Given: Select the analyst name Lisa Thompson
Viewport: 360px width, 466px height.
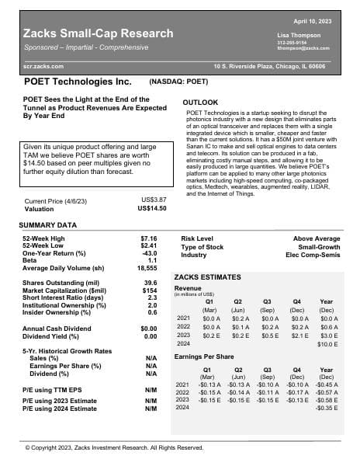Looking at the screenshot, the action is tap(299, 36).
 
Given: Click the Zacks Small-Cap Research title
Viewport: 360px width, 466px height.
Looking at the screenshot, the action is tap(99, 33).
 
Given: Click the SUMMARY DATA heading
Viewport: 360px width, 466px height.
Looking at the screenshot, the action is tap(47, 225).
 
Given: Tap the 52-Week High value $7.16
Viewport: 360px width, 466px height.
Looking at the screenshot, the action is tap(148, 238).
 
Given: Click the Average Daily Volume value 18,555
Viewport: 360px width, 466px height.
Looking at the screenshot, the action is tap(146, 268).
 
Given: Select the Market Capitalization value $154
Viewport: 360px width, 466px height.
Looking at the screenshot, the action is tap(150, 290).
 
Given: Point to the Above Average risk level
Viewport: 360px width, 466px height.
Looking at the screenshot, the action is tap(317, 238).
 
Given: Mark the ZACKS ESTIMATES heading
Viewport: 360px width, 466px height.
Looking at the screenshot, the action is tap(208, 276).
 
